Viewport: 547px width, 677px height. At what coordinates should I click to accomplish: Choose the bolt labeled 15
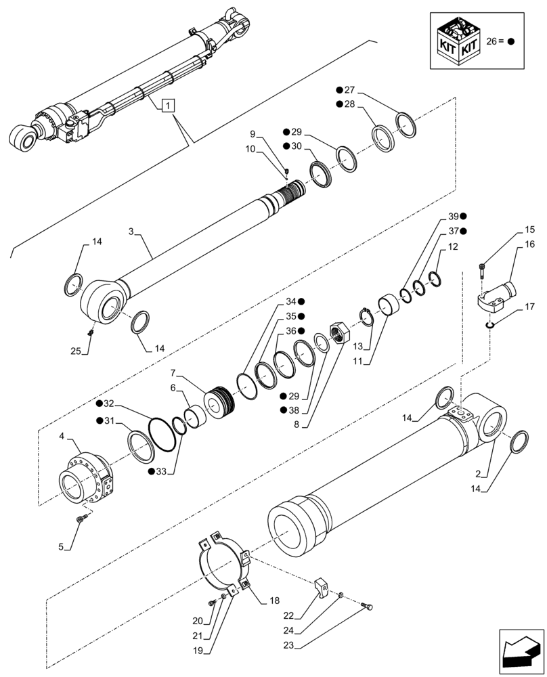482,269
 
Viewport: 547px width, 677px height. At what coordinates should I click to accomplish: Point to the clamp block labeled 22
325,586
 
